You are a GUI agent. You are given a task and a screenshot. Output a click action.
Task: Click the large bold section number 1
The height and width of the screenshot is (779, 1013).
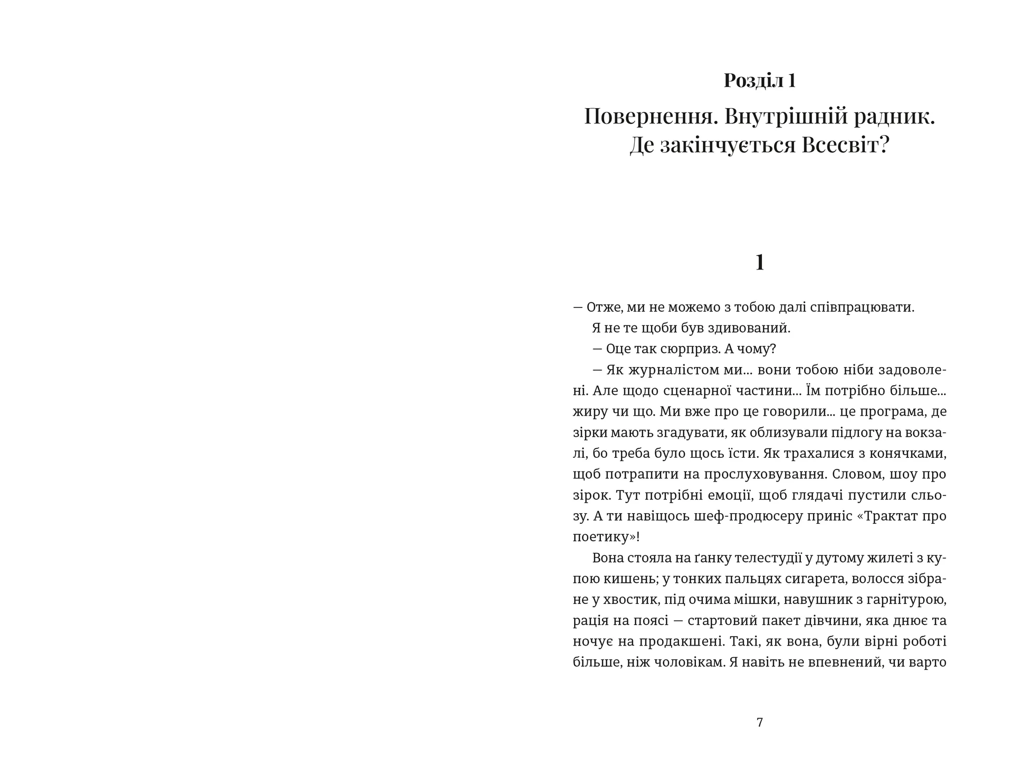click(760, 262)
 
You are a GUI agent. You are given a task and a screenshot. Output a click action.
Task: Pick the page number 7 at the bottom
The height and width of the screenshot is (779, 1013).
click(760, 723)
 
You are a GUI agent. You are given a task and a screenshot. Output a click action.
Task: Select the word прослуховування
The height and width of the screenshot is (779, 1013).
click(764, 474)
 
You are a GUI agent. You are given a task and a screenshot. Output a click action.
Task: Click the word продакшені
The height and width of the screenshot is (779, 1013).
click(684, 641)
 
